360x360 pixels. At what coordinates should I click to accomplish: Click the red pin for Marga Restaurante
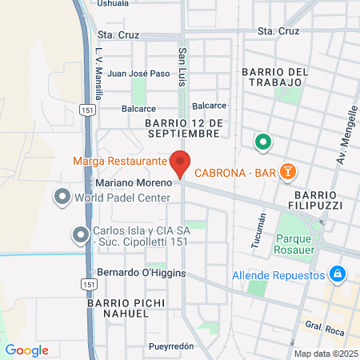click(x=181, y=162)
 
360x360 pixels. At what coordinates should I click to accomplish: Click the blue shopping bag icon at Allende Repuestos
click(x=338, y=274)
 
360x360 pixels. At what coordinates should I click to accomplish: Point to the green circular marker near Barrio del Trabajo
click(x=261, y=143)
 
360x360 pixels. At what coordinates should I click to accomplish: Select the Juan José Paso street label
click(x=138, y=74)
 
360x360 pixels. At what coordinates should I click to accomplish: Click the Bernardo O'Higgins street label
click(x=142, y=273)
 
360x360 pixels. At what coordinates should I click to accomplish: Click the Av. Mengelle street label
click(x=346, y=130)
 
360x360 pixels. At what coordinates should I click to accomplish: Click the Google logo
click(x=27, y=350)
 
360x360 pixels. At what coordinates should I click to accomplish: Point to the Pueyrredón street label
click(x=171, y=346)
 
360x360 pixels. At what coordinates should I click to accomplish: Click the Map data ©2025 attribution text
click(x=325, y=354)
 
